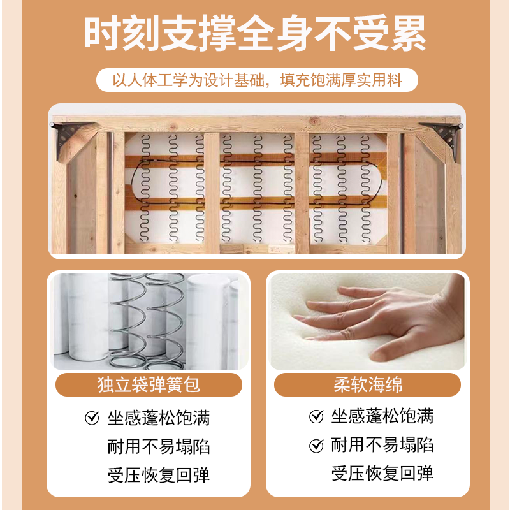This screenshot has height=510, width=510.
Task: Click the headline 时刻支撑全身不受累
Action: coord(255,33)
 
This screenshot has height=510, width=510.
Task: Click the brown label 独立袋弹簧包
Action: coord(148,385)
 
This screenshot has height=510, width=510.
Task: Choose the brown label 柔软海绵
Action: coord(367,385)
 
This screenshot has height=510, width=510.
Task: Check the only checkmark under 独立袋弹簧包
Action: coord(92,418)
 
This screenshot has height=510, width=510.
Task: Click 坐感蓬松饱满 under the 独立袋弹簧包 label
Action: coord(158,418)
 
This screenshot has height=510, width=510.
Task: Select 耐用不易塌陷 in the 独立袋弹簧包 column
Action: coord(158,446)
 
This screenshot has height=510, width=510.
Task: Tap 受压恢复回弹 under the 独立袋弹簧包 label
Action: coord(158,474)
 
